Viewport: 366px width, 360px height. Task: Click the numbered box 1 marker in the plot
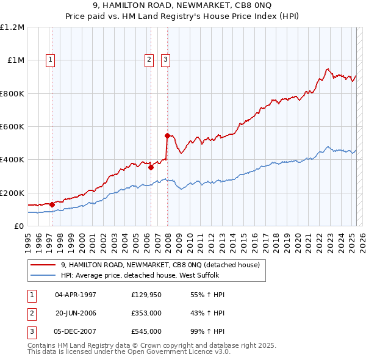coord(49,60)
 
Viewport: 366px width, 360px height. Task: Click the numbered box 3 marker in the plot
coord(165,60)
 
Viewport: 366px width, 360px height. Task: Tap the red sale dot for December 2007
coord(167,135)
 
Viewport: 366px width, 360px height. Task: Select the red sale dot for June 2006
coord(151,167)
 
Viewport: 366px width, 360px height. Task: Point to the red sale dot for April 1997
coord(52,204)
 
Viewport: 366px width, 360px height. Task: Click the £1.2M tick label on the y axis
coord(12,27)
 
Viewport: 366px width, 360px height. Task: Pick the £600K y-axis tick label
coord(12,127)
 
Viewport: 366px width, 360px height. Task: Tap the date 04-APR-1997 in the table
coord(76,295)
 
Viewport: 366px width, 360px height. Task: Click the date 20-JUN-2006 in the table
coord(76,313)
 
